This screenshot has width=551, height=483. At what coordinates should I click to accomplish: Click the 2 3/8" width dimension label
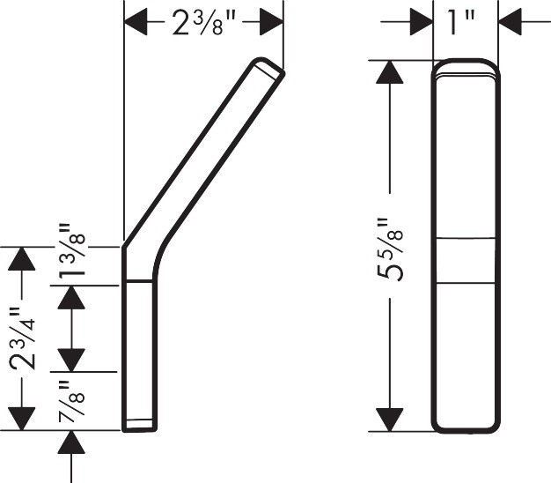pos(203,23)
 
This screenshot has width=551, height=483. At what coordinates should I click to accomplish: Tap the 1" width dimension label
pos(462,23)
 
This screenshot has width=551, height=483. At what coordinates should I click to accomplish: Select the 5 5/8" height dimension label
pos(390,249)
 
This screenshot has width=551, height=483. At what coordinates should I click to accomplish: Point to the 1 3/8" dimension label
pos(71,250)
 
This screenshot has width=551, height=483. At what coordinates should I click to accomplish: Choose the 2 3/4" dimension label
pos(22,338)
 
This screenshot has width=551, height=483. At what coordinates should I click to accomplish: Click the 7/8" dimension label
pos(71,401)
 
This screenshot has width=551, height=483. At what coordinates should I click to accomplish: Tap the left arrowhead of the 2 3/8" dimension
pos(136,22)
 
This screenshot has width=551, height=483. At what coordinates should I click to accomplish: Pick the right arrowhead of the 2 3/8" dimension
pos(271,22)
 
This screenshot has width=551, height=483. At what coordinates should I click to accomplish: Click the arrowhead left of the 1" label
pos(422,22)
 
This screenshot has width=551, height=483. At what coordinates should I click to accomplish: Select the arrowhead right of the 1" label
pos(510,22)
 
